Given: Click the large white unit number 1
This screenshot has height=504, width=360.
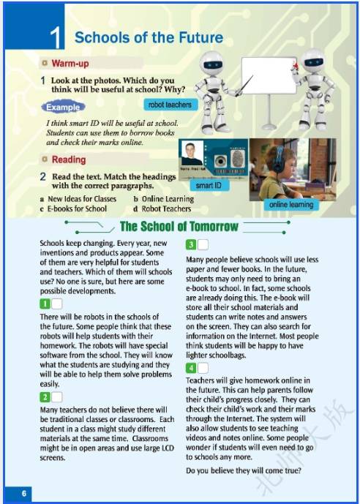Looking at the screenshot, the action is (x=55, y=38).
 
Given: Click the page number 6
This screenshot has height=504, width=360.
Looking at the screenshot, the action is (x=24, y=493).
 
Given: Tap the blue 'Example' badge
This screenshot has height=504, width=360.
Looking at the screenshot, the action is (x=64, y=108).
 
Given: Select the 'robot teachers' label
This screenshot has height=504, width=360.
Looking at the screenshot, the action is (x=170, y=105).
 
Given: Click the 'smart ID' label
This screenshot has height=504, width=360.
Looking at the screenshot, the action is (x=209, y=185).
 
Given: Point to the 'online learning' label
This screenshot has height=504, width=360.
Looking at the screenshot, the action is (x=291, y=205).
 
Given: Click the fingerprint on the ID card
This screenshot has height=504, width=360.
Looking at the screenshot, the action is (x=239, y=159).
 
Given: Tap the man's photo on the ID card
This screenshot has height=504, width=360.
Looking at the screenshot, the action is (x=192, y=153).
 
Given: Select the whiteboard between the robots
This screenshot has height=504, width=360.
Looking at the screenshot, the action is (x=269, y=75).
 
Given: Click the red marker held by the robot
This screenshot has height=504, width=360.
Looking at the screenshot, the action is (x=295, y=66).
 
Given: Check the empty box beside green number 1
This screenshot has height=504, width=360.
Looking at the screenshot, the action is (x=57, y=304).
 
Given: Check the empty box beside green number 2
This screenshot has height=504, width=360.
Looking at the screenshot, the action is (x=57, y=398).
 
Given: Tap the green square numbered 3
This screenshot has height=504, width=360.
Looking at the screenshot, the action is (x=191, y=245).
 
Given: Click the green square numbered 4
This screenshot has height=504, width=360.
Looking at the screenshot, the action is (x=191, y=369).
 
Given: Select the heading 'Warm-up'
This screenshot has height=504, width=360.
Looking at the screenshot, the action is (x=70, y=64).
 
